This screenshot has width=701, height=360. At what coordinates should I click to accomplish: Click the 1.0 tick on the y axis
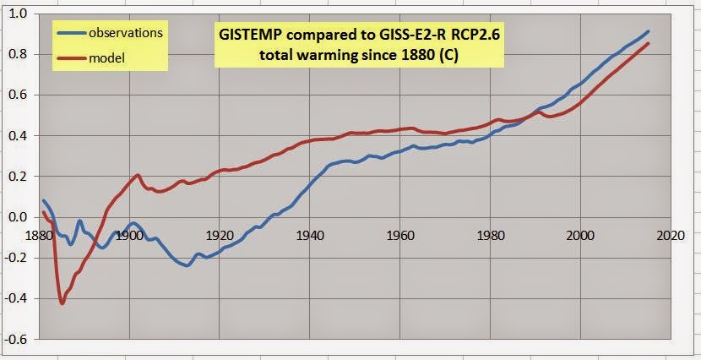18,14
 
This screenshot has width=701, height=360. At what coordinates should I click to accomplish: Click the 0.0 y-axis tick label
18,217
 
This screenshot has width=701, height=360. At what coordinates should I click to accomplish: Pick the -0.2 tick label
16,258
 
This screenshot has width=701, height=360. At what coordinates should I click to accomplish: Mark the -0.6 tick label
16,339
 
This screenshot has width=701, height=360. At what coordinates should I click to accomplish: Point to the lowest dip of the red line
62,303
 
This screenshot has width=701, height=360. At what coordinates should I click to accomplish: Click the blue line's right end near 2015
648,31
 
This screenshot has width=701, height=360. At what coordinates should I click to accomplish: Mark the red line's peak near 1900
137,175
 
